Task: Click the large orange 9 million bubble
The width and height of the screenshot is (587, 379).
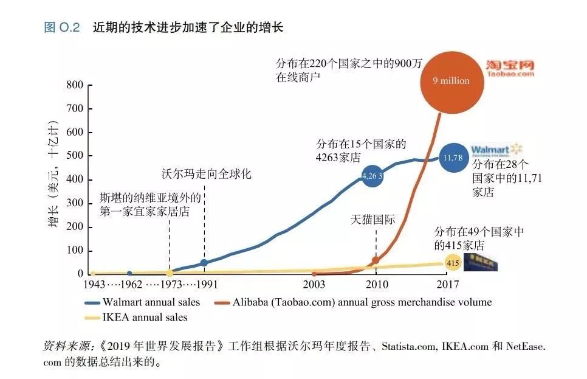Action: [x=450, y=80]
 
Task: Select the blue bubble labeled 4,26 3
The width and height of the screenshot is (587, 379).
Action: [x=372, y=176]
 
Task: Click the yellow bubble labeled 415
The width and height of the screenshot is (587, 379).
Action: [x=453, y=263]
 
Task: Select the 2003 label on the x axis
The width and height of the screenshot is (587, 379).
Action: [x=314, y=284]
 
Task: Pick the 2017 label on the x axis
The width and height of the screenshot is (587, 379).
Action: [x=447, y=284]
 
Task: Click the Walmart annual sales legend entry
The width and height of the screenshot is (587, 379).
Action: [x=145, y=302]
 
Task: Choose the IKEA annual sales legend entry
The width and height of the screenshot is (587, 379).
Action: [x=137, y=317]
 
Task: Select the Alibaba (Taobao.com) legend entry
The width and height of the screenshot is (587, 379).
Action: [x=352, y=302]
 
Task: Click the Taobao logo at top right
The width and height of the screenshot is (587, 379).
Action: [x=509, y=68]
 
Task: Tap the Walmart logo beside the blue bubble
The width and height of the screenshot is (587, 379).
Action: [x=496, y=150]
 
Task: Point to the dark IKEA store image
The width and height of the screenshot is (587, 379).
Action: [x=481, y=262]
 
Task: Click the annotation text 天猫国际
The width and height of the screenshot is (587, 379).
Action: [x=372, y=220]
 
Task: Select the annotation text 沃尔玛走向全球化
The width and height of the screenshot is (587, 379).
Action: [x=206, y=174]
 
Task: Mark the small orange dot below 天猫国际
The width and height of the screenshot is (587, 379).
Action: [x=376, y=260]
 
